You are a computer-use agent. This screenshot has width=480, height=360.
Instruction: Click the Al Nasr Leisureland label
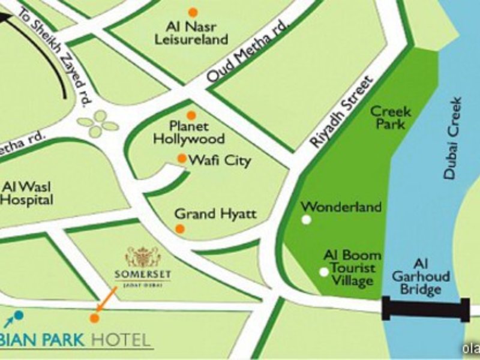click(193, 33)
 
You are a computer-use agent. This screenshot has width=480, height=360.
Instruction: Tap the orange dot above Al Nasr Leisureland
click(193, 12)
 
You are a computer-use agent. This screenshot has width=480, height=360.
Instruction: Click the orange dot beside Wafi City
click(182, 158)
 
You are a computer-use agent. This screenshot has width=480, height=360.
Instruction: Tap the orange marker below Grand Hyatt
click(179, 229)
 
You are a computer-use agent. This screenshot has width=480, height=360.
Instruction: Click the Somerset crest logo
click(143, 257)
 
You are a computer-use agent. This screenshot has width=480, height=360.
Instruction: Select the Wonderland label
click(341, 207)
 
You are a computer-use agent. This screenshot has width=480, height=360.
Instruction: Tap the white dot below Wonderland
click(307, 220)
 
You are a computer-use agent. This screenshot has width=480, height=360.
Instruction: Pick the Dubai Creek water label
click(454, 138)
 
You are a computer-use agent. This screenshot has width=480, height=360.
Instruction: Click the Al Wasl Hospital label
click(27, 193)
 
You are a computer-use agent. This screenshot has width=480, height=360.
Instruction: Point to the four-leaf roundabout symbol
click(98, 123)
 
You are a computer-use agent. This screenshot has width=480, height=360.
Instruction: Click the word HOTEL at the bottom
click(121, 340)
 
